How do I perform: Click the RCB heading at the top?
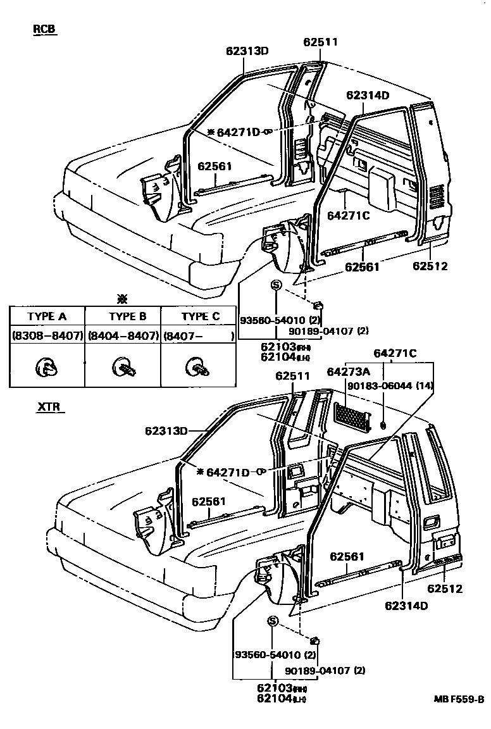pos(45,30)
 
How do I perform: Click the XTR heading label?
pos(48,407)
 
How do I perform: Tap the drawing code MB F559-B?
pos(459,699)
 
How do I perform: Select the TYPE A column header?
pos(47,316)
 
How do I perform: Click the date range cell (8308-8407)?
pos(47,335)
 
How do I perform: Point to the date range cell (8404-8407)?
pos(123,335)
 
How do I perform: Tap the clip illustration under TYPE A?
pos(46,366)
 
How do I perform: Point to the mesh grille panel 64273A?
pos(351,415)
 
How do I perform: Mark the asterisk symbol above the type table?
pos(123,298)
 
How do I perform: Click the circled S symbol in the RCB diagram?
pos(275,285)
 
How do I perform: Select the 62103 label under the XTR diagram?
pos(274,687)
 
